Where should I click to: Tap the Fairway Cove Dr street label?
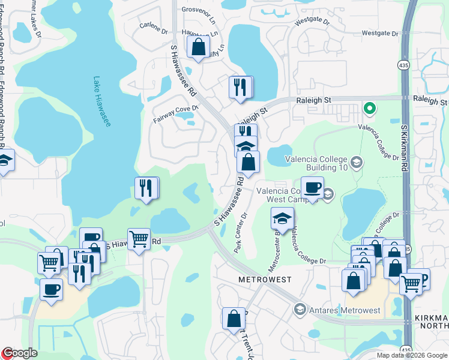(176, 110)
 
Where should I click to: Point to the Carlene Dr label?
(152, 26)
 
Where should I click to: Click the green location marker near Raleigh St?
(370, 109)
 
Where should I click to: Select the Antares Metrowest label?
(344, 310)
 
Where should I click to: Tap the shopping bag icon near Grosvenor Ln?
(198, 47)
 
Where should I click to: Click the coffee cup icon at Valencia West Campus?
(312, 187)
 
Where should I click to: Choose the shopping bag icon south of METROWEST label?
(234, 318)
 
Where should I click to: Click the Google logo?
(19, 353)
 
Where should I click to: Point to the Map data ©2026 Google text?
(412, 355)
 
